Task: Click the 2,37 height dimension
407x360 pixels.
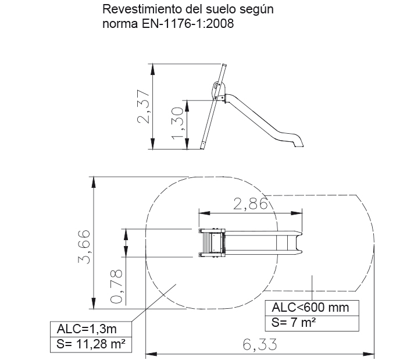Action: pos(143,106)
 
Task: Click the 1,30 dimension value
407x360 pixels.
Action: pos(178,123)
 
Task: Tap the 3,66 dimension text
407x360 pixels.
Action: pos(84,247)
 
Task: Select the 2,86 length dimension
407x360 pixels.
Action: pos(250,204)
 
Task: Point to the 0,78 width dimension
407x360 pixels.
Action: pos(116,286)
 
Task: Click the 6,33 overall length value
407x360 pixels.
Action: pos(260,344)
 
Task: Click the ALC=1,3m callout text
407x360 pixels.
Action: pos(87,329)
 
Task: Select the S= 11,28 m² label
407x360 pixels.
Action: pos(91,344)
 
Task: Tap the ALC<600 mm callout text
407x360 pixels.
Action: pos(310,308)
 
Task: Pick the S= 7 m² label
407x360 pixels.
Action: pos(294,323)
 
